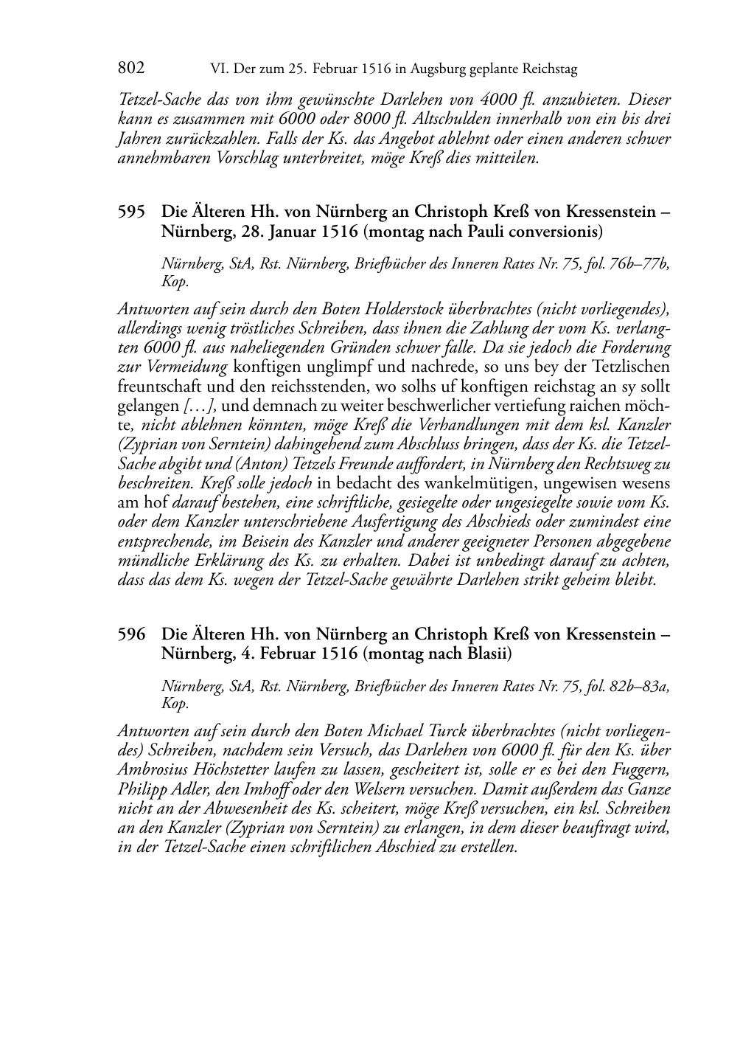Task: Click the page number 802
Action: coord(130,69)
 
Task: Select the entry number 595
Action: coord(131,212)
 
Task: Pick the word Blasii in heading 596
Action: coord(486,654)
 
